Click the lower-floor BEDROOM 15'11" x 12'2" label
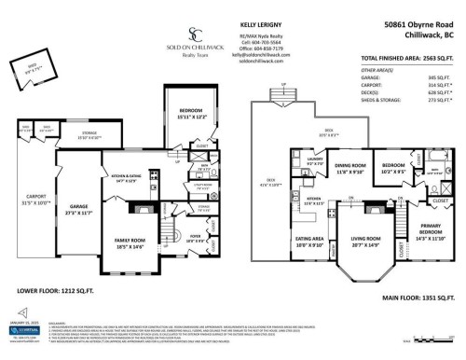(190, 114)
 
